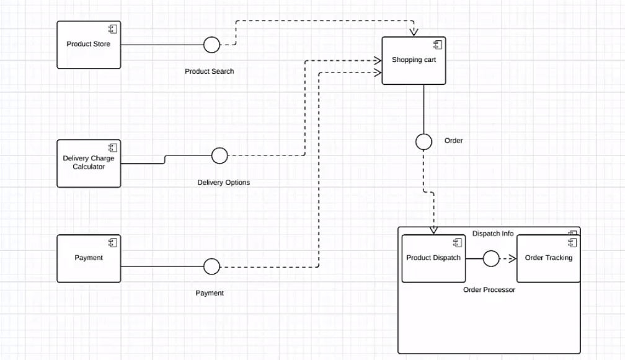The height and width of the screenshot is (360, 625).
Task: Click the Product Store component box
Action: point(89,45)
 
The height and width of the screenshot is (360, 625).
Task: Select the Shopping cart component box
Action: point(414,61)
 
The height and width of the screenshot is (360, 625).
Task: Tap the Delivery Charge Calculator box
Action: point(89,163)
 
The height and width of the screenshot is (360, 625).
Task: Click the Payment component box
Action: point(89,258)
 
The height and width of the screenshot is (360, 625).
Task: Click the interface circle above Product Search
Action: point(212,45)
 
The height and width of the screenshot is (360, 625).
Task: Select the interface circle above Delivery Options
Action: point(219,156)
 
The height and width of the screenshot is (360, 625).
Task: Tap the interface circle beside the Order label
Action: point(423,142)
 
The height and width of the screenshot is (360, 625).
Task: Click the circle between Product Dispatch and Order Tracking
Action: point(491,259)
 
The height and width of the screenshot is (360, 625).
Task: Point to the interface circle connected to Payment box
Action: point(212,267)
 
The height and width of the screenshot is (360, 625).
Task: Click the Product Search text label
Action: point(210,71)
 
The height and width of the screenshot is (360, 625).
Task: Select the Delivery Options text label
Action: point(224,182)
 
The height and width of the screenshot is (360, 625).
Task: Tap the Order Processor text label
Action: point(489,289)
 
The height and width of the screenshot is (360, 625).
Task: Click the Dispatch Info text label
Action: point(493,234)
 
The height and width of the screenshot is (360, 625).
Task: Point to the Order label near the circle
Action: point(453,141)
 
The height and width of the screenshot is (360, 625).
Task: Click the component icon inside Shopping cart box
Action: point(437,45)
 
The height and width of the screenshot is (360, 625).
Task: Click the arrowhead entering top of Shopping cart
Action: point(414,33)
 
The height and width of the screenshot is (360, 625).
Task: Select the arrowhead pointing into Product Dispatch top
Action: point(433,230)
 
